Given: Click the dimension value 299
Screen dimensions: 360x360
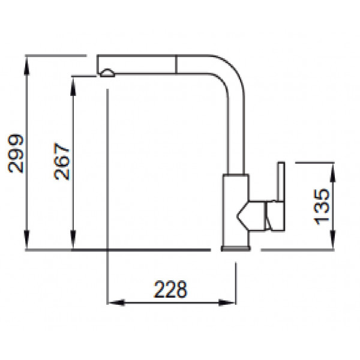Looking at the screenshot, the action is pyautogui.click(x=16, y=154).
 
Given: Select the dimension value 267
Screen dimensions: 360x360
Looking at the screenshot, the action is pyautogui.click(x=62, y=161).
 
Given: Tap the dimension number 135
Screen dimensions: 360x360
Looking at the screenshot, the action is pyautogui.click(x=322, y=206).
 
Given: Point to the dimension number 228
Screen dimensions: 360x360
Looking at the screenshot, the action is pyautogui.click(x=170, y=289).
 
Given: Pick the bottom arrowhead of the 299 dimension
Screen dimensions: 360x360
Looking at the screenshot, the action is pyautogui.click(x=27, y=239).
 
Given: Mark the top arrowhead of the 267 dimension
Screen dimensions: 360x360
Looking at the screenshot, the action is pyautogui.click(x=73, y=86).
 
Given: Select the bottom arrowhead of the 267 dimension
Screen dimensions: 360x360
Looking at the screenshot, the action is pyautogui.click(x=73, y=239).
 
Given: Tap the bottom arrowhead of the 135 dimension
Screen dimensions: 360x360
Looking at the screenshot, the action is pyautogui.click(x=332, y=239).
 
